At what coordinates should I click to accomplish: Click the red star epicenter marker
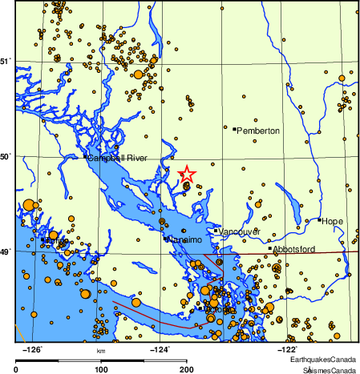(186, 174)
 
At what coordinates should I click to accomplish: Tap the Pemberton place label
(259, 130)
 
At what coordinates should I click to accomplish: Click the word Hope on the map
(333, 220)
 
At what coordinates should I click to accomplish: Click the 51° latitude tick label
(6, 61)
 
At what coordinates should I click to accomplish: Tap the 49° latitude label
(6, 251)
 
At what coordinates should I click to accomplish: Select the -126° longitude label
(34, 349)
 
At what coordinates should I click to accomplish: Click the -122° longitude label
(286, 349)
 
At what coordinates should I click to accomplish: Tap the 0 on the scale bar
(17, 369)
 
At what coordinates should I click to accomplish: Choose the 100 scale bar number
(102, 369)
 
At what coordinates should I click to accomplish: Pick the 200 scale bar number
(187, 369)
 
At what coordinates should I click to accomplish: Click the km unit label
(101, 351)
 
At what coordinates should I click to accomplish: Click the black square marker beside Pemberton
(234, 129)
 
